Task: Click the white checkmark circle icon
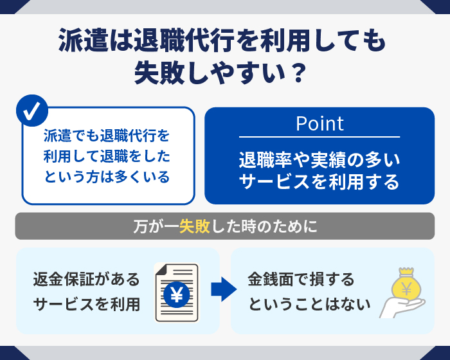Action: pos(32,111)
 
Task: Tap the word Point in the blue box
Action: pos(319,123)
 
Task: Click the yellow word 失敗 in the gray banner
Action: pos(195,226)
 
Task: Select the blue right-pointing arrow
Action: pos(224,289)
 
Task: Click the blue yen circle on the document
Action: pos(177,294)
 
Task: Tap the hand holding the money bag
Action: pos(402,307)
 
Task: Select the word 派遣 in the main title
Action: pos(83,40)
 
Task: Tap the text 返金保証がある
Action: pos(86,279)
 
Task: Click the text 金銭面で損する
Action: pos(301,279)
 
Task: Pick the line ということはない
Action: pos(309,304)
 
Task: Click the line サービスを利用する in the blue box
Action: pos(319,182)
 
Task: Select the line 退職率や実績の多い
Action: pos(319,159)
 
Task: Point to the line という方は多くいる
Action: pos(107,177)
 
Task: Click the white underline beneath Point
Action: pos(319,137)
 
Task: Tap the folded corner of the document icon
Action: pos(161,269)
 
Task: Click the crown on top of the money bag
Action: pos(406,271)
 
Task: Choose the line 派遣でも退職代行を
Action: pos(107,136)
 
